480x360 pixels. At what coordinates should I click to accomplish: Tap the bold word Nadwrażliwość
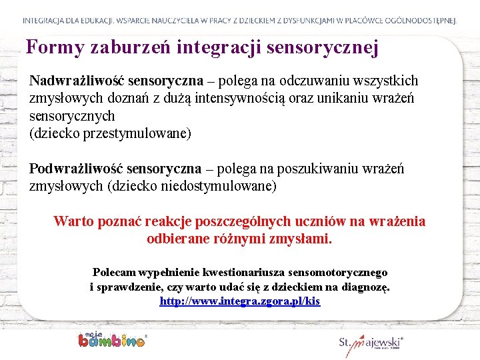(x=77, y=81)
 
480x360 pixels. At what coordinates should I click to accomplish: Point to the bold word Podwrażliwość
(x=76, y=169)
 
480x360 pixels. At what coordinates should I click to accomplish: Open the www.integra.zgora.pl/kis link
(x=240, y=301)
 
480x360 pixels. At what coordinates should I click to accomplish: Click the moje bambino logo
(x=111, y=339)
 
